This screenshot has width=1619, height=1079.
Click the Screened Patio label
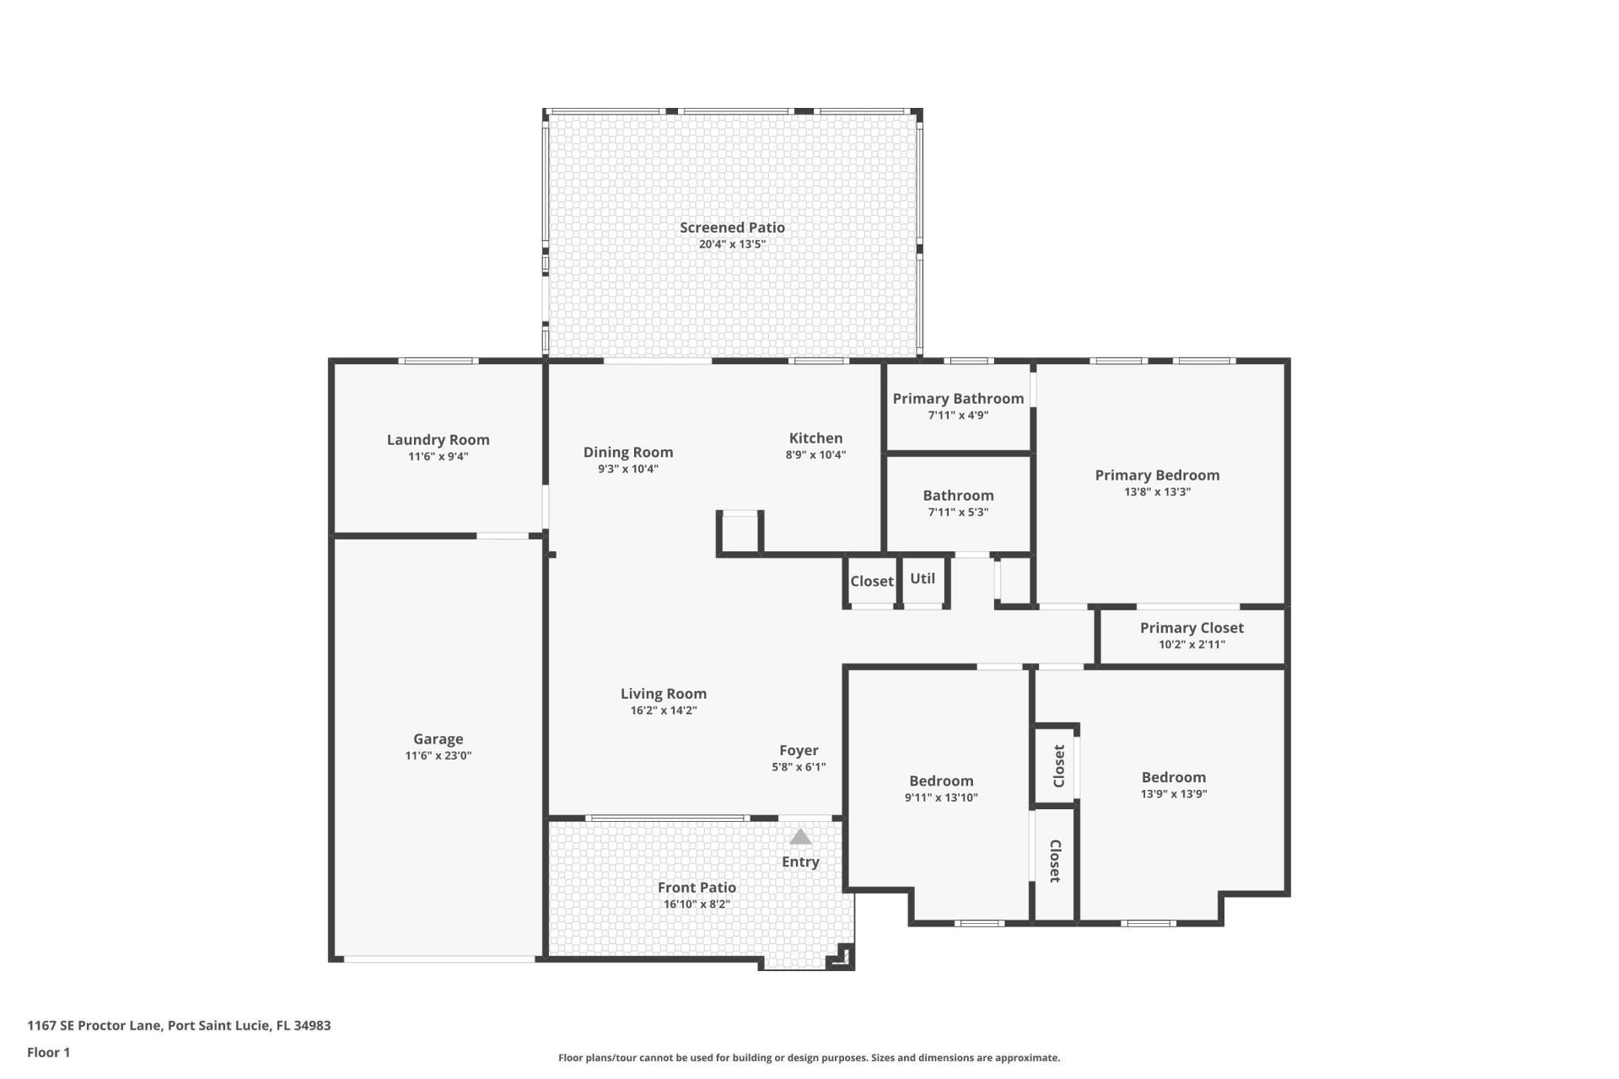(x=732, y=228)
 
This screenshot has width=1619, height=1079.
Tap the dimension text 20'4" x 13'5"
(x=732, y=244)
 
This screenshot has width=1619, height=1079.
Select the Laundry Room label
(x=438, y=440)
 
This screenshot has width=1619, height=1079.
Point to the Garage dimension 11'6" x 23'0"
(x=438, y=756)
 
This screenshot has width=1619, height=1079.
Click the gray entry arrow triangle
(x=800, y=837)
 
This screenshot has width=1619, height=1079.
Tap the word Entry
(x=800, y=862)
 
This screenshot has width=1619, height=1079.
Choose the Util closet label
(x=922, y=579)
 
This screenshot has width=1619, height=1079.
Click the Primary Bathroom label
(x=958, y=399)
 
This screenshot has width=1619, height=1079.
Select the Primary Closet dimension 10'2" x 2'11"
(x=1191, y=645)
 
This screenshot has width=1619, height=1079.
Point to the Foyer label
(x=799, y=750)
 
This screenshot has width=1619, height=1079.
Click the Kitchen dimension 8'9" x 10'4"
(x=815, y=455)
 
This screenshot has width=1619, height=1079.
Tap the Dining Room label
(x=628, y=453)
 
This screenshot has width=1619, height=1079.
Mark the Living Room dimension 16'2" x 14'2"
(x=664, y=711)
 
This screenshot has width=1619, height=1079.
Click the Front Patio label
(x=697, y=888)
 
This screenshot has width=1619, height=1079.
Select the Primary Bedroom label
(x=1157, y=475)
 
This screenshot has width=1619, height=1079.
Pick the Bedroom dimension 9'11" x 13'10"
(x=941, y=797)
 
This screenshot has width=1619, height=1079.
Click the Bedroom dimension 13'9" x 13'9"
(x=1174, y=794)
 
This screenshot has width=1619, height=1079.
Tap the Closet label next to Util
(x=871, y=582)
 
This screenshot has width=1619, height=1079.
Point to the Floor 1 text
(x=48, y=1052)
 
